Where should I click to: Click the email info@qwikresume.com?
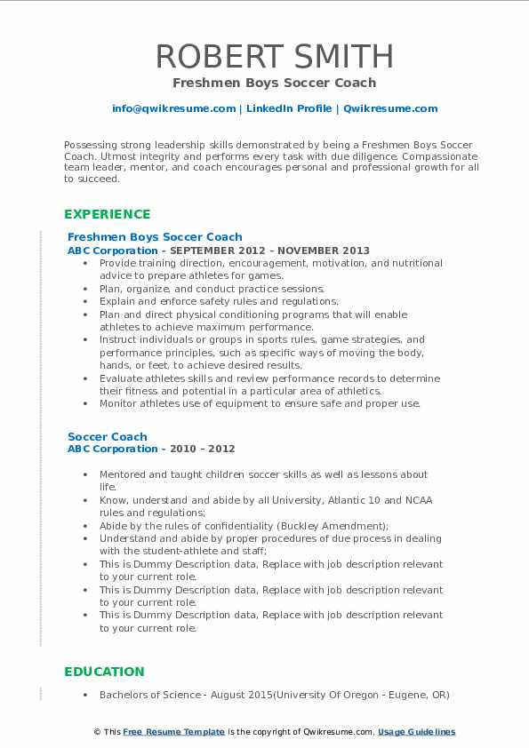pyautogui.click(x=173, y=108)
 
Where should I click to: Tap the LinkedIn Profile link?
pyautogui.click(x=288, y=108)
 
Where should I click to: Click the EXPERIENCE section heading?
pyautogui.click(x=108, y=214)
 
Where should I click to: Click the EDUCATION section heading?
pyautogui.click(x=104, y=672)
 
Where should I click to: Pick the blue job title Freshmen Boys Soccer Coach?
pyautogui.click(x=155, y=237)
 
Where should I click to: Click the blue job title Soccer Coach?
pyautogui.click(x=108, y=437)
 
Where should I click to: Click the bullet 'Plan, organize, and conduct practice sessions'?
pyautogui.click(x=212, y=289)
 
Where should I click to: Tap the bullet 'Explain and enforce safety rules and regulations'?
pyautogui.click(x=218, y=301)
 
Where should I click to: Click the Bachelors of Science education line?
pyautogui.click(x=274, y=695)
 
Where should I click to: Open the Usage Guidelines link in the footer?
pyautogui.click(x=416, y=732)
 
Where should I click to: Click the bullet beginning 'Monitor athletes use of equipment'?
pyautogui.click(x=260, y=403)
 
